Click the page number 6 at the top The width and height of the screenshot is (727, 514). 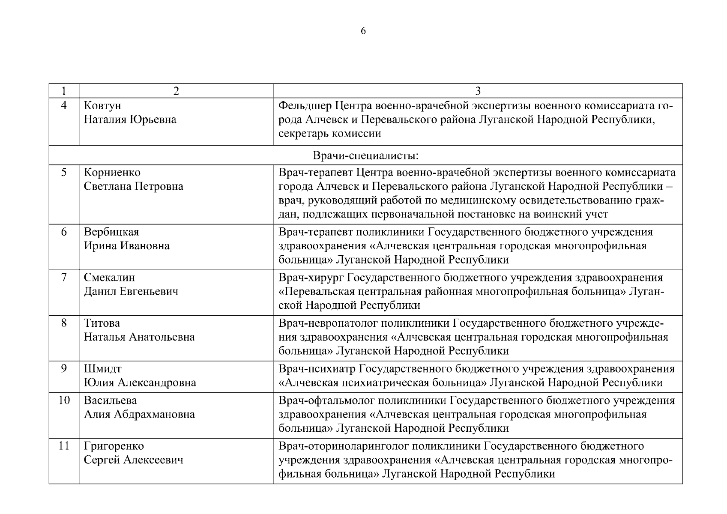tap(363, 31)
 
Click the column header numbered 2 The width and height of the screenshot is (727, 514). tap(176, 91)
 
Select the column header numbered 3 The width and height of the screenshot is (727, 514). tap(478, 91)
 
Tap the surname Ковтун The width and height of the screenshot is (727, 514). tap(102, 105)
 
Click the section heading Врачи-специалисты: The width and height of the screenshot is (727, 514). tap(365, 155)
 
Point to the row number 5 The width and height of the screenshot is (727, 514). tap(64, 172)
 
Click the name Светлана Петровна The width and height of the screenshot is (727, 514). tap(133, 186)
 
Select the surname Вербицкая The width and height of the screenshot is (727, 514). tap(111, 232)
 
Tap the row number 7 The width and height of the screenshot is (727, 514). tap(64, 278)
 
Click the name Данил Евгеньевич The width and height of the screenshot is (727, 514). tap(131, 292)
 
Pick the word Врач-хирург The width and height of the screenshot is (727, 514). tap(311, 278)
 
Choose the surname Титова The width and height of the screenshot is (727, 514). tap(102, 323)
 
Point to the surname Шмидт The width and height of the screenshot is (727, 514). tap(103, 369)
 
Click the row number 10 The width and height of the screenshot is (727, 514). tap(64, 400)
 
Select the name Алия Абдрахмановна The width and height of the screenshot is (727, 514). tap(139, 414)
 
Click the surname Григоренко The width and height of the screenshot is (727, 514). tap(114, 446)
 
